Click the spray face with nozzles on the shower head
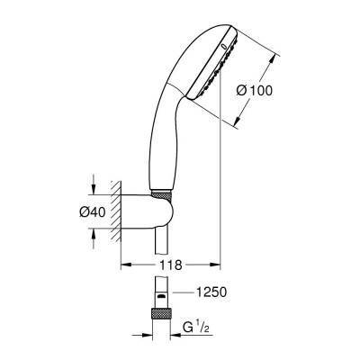tap(214, 67)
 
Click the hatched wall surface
tap(115, 212)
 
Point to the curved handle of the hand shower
tap(170, 126)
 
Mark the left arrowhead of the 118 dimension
tap(124, 265)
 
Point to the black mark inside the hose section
tap(160, 295)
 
